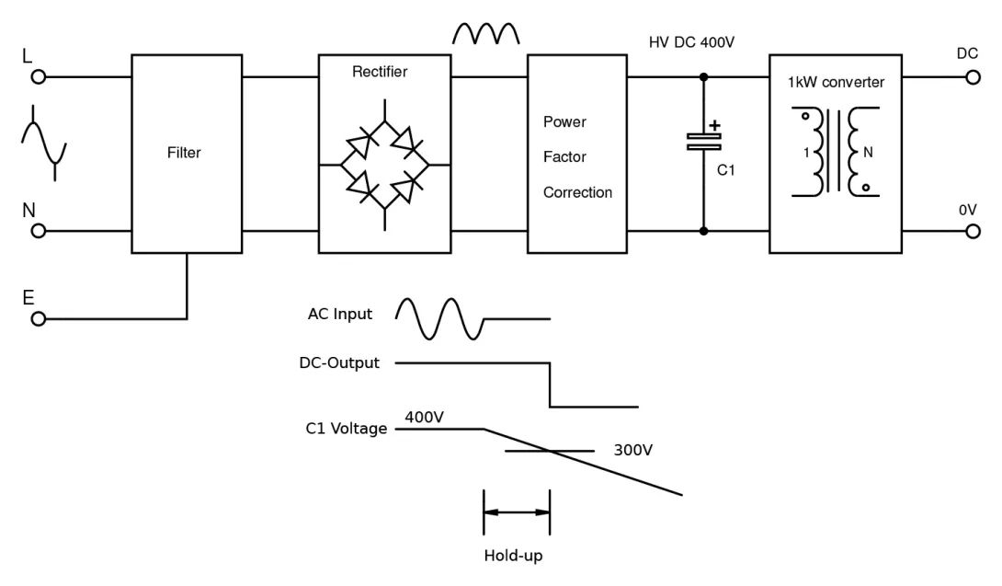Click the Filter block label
click(185, 154)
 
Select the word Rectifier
click(380, 72)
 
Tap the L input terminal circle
click(39, 77)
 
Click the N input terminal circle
click(39, 231)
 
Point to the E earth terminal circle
click(39, 318)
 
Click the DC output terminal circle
click(973, 77)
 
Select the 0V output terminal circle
click(973, 231)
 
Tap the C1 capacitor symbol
click(704, 141)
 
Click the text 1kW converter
click(837, 83)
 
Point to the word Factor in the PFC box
click(564, 157)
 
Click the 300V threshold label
click(632, 451)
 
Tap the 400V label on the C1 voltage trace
click(424, 418)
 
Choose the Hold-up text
click(514, 557)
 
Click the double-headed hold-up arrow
click(517, 512)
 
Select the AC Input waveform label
click(340, 315)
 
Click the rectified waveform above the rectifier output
click(487, 34)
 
